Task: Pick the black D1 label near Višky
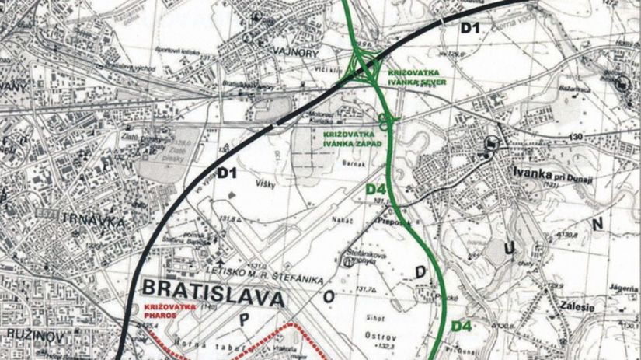click(x=226, y=173)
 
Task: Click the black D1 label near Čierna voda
click(x=472, y=29)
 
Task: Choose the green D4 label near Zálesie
click(x=462, y=326)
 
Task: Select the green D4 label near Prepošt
click(x=376, y=190)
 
